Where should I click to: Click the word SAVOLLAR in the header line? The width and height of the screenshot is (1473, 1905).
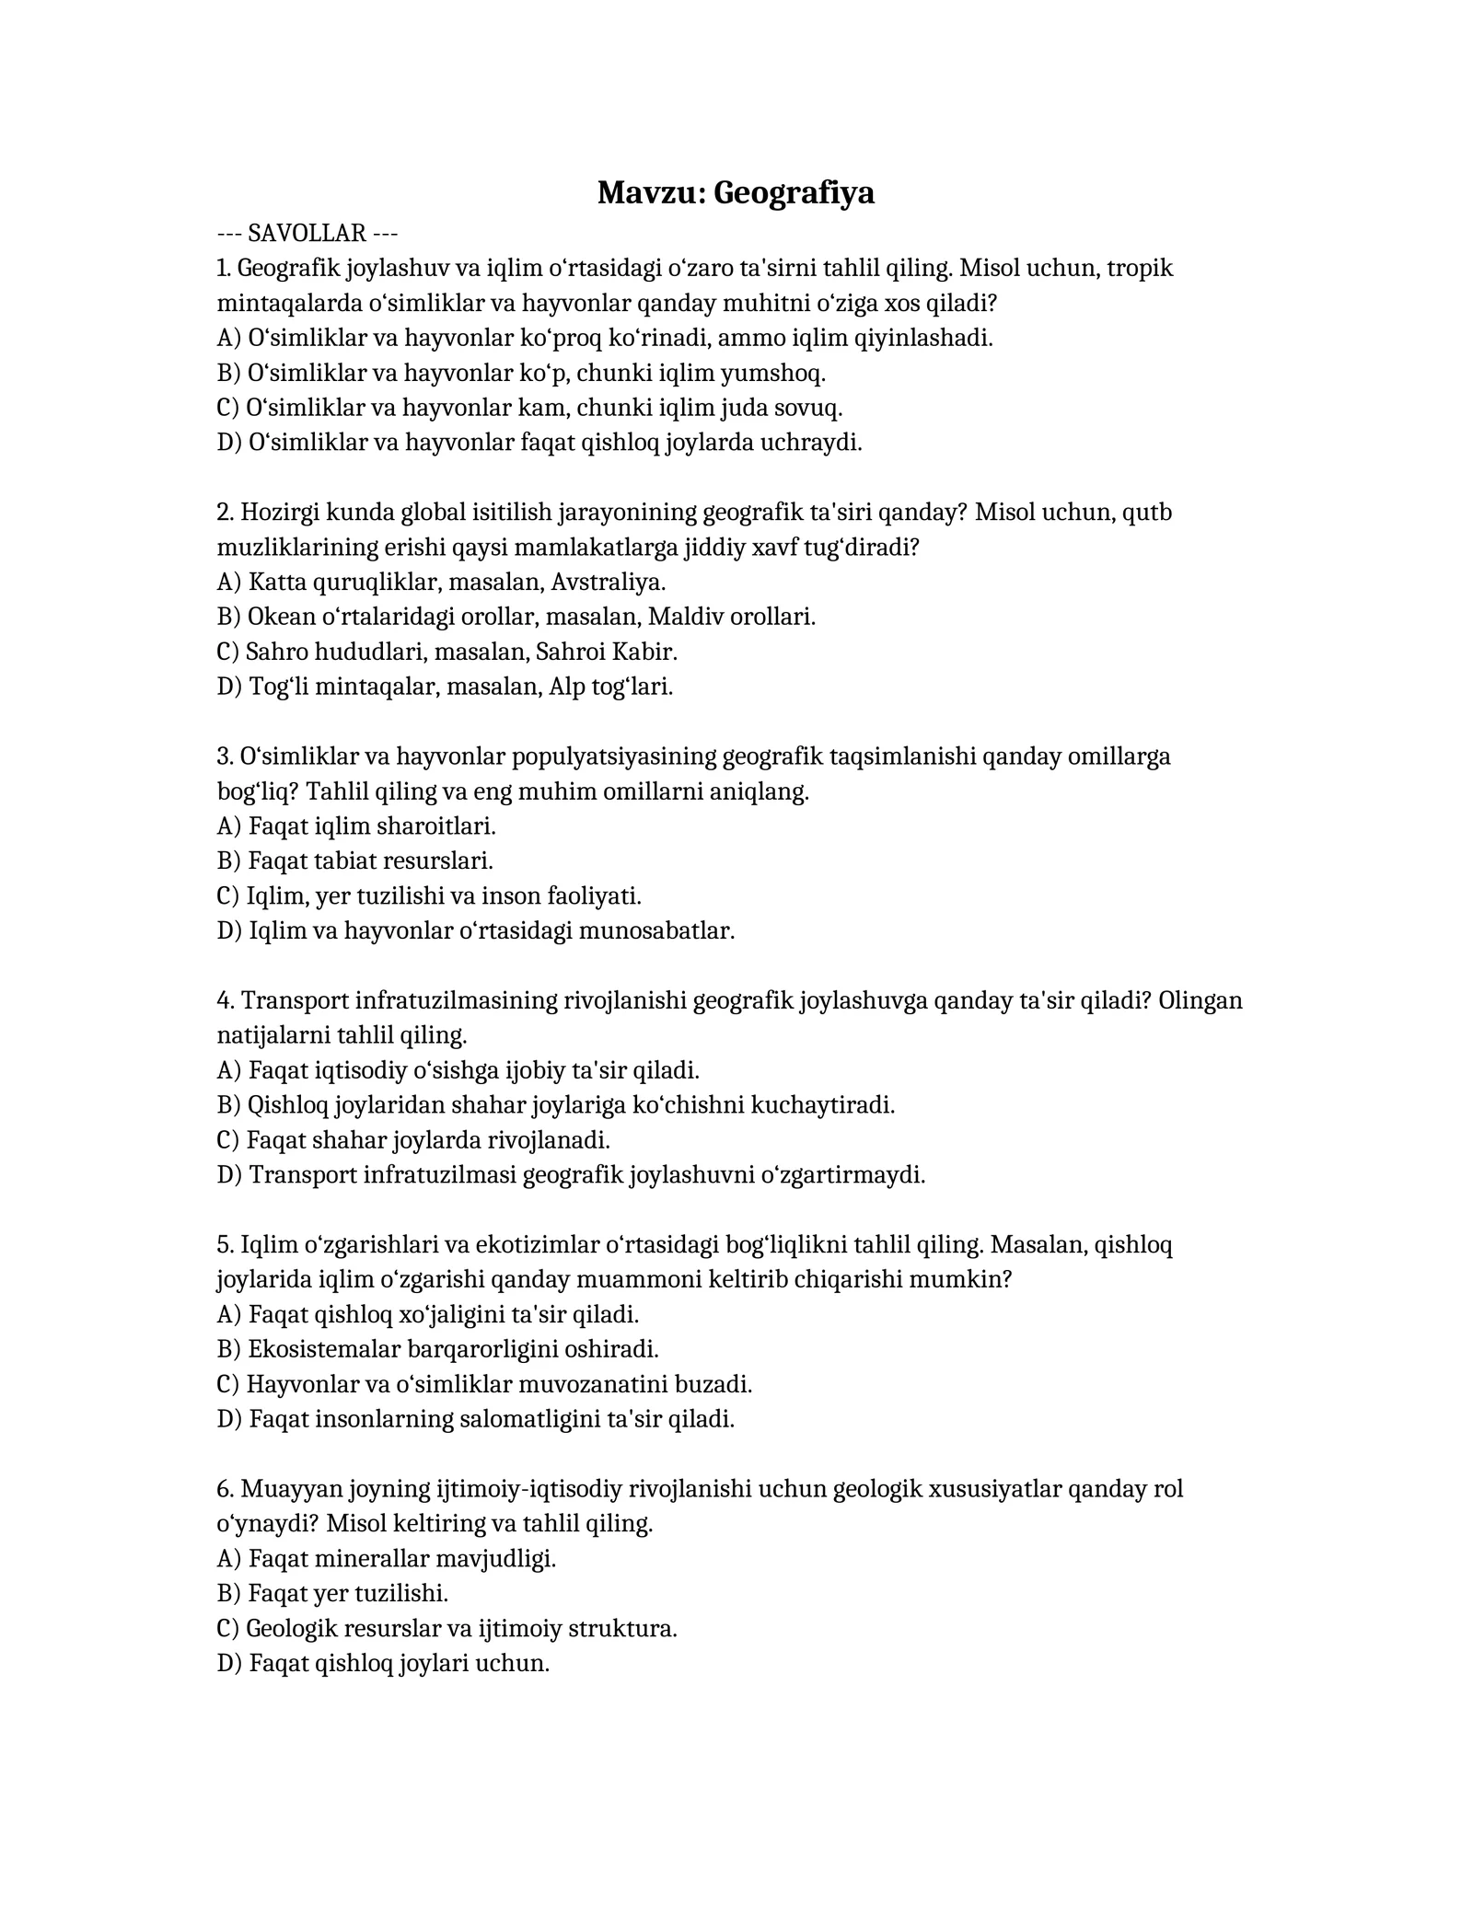[x=307, y=233]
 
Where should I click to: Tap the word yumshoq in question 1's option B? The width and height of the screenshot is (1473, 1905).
[x=771, y=373]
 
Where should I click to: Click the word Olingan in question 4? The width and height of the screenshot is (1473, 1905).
[x=1200, y=1000]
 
